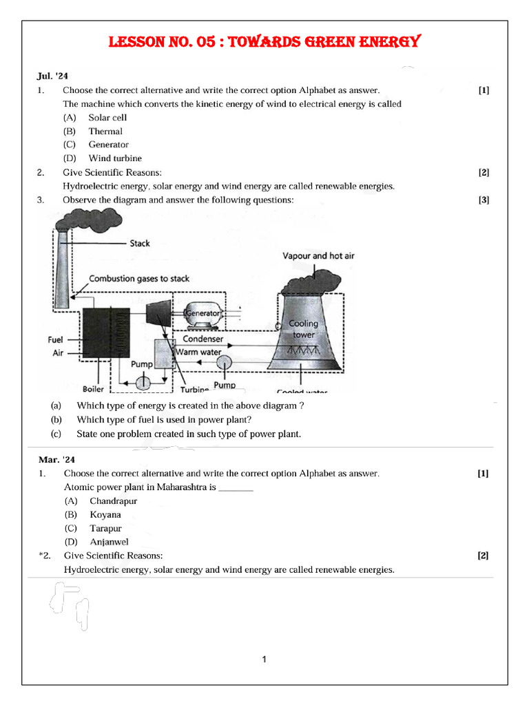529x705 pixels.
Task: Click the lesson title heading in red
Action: coord(264,43)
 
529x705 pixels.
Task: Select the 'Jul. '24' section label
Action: coord(52,76)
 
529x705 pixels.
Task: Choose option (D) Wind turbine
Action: coord(114,158)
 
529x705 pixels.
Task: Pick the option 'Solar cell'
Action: coord(107,117)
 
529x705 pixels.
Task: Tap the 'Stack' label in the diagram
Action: coord(139,243)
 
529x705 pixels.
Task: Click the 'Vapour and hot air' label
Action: coord(318,255)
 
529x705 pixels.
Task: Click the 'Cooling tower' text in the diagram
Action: coord(303,329)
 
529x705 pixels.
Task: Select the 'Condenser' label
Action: coord(203,339)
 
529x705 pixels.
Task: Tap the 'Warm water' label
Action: coord(199,352)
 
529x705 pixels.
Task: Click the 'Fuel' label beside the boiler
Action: coord(55,339)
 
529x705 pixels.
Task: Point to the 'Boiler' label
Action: coord(93,389)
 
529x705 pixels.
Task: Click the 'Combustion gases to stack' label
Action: coord(139,279)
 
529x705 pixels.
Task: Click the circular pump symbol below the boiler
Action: coord(143,381)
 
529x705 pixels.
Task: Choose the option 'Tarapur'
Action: coord(105,528)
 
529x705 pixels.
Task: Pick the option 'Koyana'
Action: coord(105,514)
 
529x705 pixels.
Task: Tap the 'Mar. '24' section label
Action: coord(54,459)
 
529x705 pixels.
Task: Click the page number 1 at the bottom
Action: coord(264,660)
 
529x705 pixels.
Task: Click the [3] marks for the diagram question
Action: coord(484,200)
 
